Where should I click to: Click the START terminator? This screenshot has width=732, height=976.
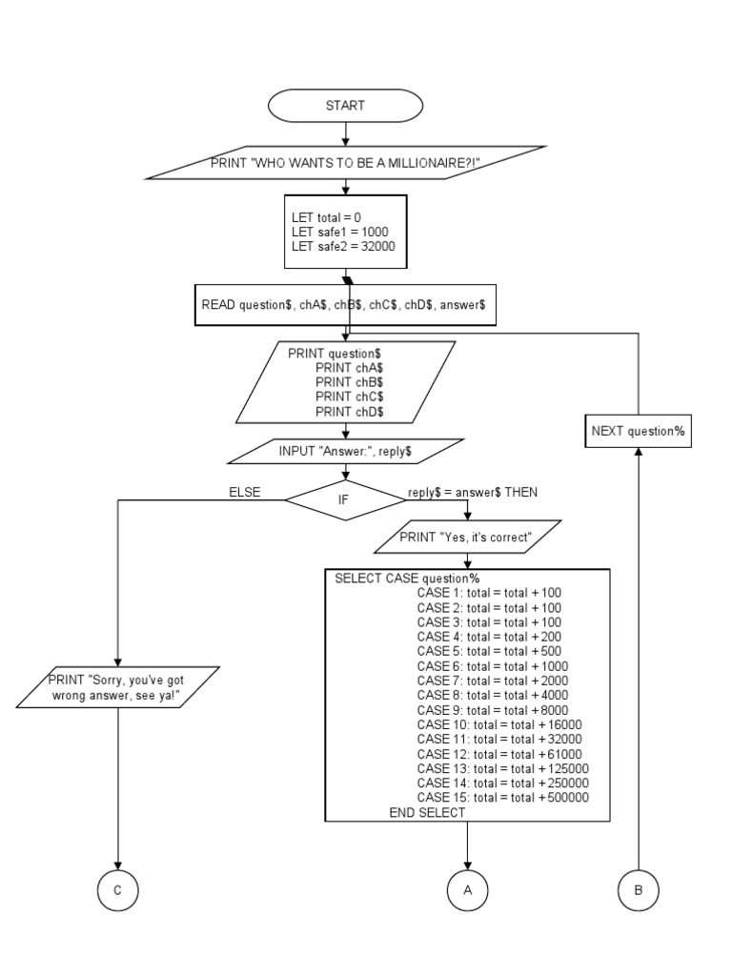[x=345, y=106]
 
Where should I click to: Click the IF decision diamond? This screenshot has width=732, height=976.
[x=345, y=499]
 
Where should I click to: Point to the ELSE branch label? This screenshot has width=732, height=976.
[x=244, y=492]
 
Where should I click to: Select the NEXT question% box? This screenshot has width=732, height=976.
[x=638, y=431]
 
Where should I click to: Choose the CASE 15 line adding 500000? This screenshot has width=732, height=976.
[x=502, y=798]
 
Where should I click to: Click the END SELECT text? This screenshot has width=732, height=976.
[x=427, y=813]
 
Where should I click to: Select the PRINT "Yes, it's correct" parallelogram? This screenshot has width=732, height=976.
[x=466, y=537]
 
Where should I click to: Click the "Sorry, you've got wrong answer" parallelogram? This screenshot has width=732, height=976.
[x=118, y=687]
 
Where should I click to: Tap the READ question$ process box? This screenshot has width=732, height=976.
[x=345, y=306]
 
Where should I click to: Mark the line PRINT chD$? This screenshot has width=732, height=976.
[x=349, y=411]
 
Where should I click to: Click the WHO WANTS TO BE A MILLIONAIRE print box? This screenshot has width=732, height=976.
[x=345, y=163]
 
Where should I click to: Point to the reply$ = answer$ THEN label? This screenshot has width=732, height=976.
[x=472, y=492]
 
